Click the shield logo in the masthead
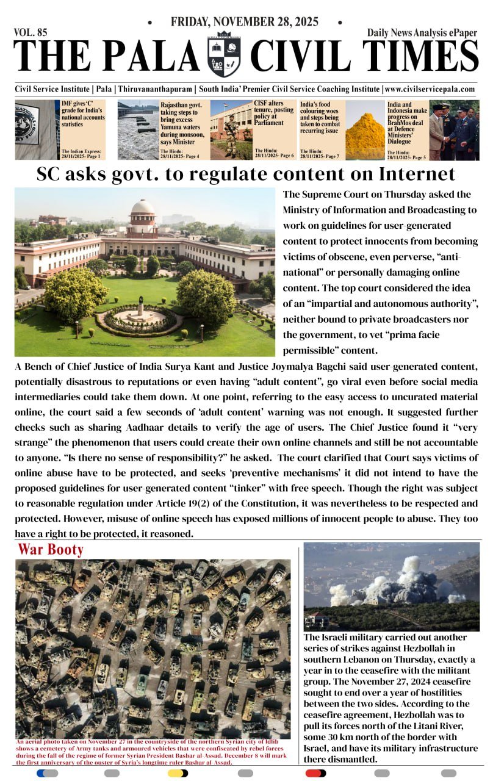(225, 54)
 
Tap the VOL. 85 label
(31, 32)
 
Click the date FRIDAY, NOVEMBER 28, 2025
(245, 22)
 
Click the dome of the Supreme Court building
(143, 208)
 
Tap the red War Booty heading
(51, 549)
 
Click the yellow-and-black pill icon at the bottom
(178, 773)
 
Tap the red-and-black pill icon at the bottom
(315, 773)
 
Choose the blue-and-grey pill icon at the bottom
(47, 773)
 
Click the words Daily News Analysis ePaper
(422, 33)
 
